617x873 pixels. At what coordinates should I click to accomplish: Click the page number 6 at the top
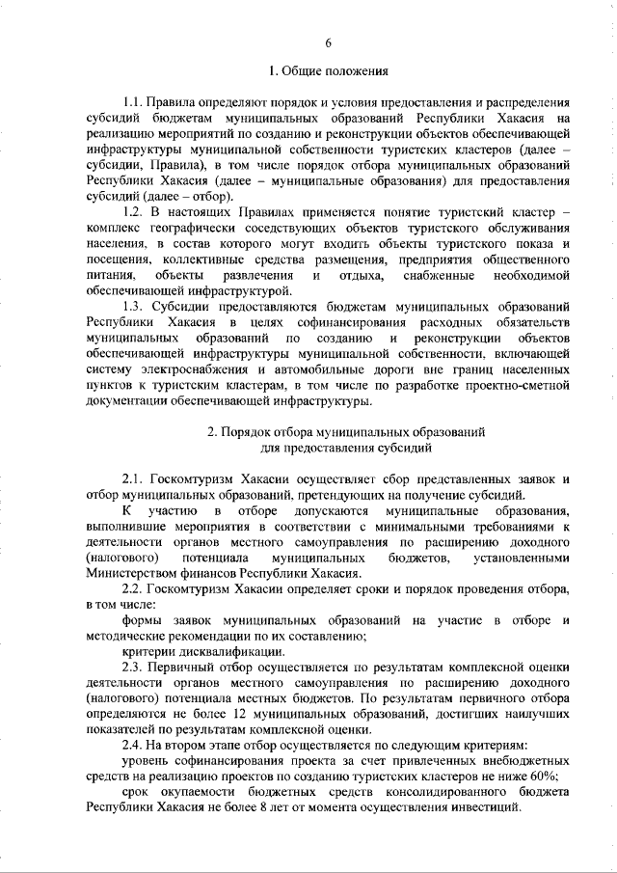(x=329, y=42)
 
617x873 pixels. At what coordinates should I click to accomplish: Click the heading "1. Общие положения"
(x=329, y=70)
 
